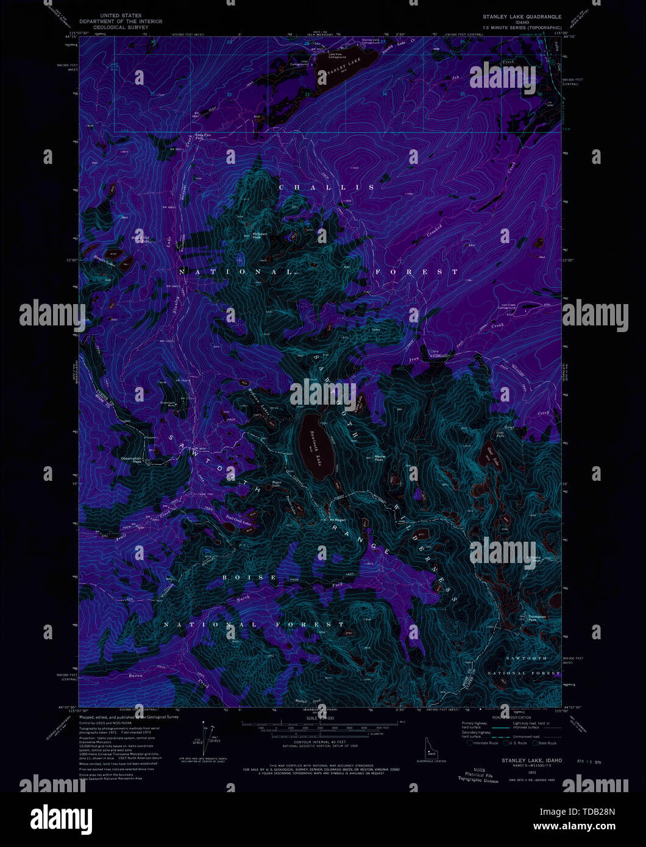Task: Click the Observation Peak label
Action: pyautogui.click(x=131, y=460)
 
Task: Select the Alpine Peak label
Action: pyautogui.click(x=380, y=458)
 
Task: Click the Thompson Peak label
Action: pyautogui.click(x=537, y=618)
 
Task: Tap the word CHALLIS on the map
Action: pyautogui.click(x=327, y=188)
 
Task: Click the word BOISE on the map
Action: pyautogui.click(x=249, y=577)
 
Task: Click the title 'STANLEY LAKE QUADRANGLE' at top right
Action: pyautogui.click(x=522, y=17)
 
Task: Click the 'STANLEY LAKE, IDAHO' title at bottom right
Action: pyautogui.click(x=532, y=760)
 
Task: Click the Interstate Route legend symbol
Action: pyautogui.click(x=470, y=743)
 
